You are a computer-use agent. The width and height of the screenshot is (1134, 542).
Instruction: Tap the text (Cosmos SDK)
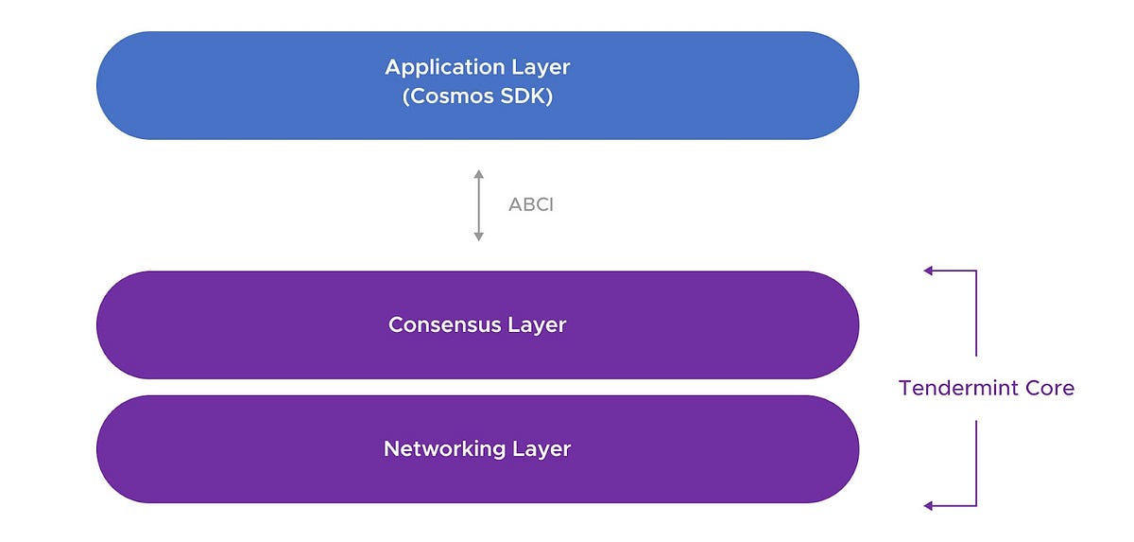tap(477, 96)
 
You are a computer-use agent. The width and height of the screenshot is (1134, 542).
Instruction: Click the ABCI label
tap(531, 204)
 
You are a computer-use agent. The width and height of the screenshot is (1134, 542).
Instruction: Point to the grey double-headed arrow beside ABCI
tap(479, 205)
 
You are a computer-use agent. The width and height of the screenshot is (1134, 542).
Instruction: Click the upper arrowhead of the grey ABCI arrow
tap(479, 174)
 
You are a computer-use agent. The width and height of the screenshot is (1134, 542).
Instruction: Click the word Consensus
tap(444, 325)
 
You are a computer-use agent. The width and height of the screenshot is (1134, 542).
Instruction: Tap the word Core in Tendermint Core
tap(1049, 388)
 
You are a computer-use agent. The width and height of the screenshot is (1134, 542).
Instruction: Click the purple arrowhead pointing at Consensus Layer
tap(929, 271)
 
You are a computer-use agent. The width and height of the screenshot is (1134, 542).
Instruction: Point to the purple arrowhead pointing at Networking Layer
tap(929, 506)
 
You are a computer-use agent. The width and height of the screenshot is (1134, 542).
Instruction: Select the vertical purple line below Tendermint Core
tap(975, 463)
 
